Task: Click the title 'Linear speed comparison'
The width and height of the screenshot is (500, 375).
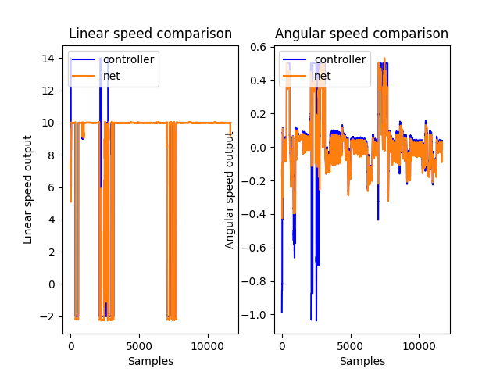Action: point(150,34)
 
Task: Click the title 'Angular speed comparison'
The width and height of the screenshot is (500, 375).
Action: point(362,34)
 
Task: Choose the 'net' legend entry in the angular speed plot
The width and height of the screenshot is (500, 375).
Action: point(323,76)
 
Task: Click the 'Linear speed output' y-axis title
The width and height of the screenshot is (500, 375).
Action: point(28,189)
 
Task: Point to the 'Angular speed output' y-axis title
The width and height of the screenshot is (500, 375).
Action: point(230,189)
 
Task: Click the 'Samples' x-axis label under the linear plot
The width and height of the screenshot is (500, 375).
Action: point(150,361)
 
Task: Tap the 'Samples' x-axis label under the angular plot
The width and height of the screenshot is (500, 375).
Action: point(362,361)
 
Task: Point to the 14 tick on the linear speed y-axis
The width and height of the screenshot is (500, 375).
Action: point(47,59)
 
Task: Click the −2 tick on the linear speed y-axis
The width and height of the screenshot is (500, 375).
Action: point(45,316)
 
